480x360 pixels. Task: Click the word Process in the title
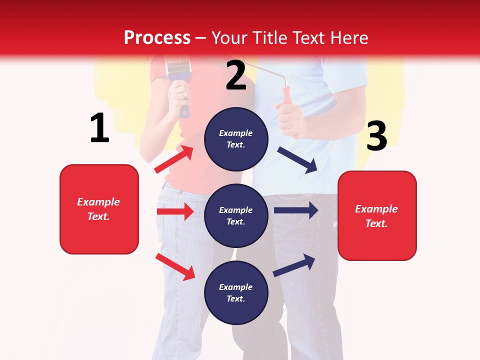click(x=157, y=38)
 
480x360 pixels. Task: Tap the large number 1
click(x=99, y=128)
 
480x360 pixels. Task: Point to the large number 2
click(x=236, y=75)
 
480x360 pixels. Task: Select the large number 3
click(x=376, y=136)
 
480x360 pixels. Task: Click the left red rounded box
click(x=99, y=209)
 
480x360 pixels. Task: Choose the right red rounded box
click(x=377, y=215)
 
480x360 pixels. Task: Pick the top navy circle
click(x=236, y=139)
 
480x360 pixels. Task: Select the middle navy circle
click(x=236, y=215)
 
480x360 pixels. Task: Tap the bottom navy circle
click(x=236, y=292)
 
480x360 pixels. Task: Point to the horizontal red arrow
click(x=175, y=211)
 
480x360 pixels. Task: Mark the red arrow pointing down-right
click(x=175, y=266)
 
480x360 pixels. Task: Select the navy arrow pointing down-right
click(x=298, y=159)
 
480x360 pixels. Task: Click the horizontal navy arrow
click(x=296, y=210)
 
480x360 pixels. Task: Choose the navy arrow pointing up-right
click(x=294, y=264)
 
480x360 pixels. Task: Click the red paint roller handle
click(x=286, y=96)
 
